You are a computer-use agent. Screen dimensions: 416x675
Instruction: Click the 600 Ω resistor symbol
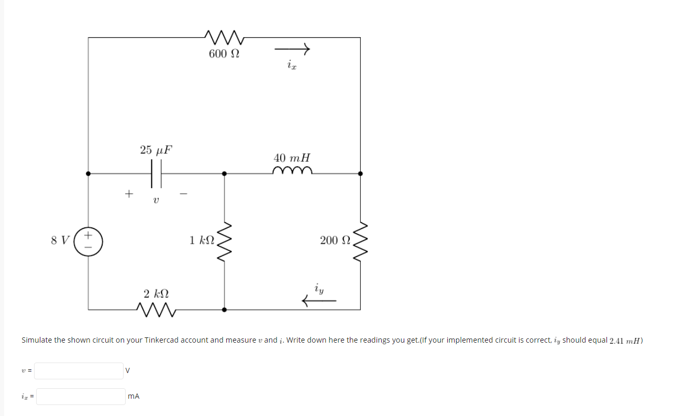coord(224,37)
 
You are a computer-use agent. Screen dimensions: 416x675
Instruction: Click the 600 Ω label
coord(224,53)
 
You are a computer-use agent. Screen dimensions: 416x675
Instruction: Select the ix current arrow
coord(292,49)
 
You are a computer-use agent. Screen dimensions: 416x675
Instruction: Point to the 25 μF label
coord(156,150)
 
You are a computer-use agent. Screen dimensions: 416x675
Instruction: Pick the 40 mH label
coord(292,157)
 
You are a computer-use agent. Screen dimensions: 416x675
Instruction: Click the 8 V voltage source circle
coord(88,241)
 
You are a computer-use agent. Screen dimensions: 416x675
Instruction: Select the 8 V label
coord(60,240)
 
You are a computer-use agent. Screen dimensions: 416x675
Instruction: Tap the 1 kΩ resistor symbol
coord(225,242)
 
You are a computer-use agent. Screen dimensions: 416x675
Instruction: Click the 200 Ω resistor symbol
coord(360,242)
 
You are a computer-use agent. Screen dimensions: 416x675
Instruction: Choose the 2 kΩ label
coord(156,292)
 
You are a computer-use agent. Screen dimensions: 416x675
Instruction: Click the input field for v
coord(79,371)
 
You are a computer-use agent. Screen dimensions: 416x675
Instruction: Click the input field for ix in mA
coord(81,397)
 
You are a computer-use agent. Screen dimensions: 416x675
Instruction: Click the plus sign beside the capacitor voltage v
coord(128,194)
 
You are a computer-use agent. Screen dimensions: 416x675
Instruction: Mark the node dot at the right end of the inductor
coord(360,173)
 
